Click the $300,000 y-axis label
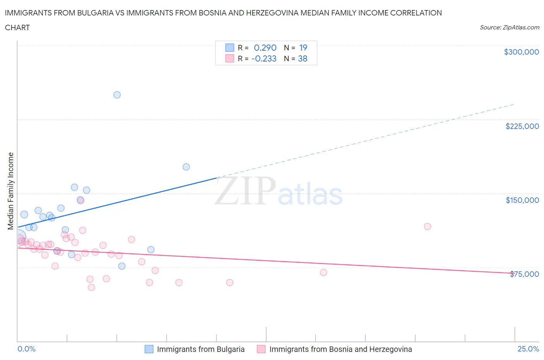point(521,52)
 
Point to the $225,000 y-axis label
point(522,126)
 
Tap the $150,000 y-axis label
point(522,200)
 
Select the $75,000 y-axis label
point(524,274)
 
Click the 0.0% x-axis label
point(26,349)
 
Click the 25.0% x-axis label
point(528,349)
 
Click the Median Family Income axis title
point(10,191)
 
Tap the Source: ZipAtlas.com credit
point(509,27)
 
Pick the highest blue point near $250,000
point(117,95)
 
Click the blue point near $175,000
point(186,167)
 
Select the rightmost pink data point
point(428,226)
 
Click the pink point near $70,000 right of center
point(323,273)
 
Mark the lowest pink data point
point(91,287)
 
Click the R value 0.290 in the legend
point(265,48)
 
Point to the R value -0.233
point(264,58)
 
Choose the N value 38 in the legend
point(303,58)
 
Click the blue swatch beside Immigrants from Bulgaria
point(149,349)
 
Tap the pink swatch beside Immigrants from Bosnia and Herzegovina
point(261,349)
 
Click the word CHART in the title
point(17,27)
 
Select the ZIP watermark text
point(245,190)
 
